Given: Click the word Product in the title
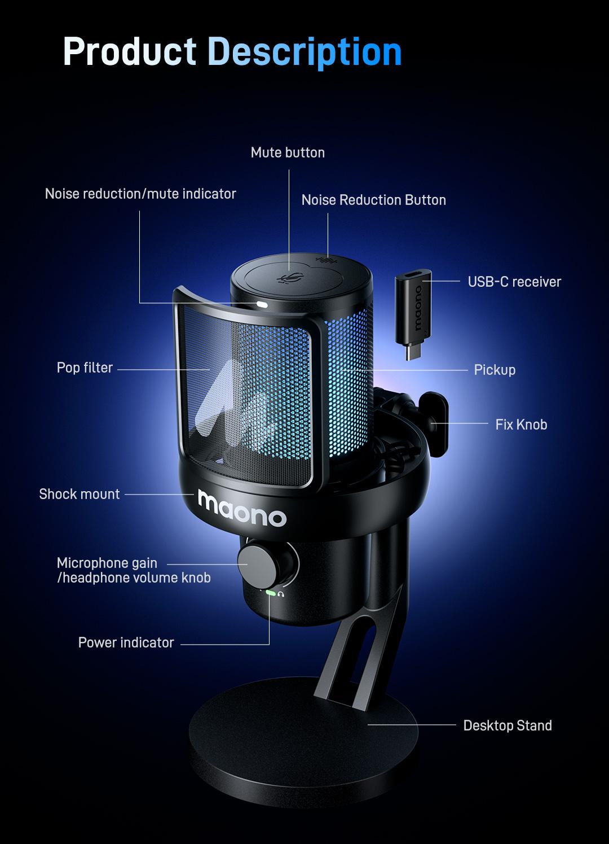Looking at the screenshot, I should pos(129,52).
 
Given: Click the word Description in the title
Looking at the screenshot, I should pos(304,52).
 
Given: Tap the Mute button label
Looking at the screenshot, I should pos(288,152).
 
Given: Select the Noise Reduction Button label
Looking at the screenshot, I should pos(373,200).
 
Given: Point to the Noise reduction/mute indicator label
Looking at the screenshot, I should pos(140,194).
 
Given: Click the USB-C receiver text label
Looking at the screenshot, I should pos(514,282).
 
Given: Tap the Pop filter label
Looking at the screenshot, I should pos(85,368).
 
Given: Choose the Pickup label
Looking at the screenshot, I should pos(495,370).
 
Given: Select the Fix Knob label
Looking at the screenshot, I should pos(521,425).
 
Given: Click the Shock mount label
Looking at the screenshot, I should pos(79,494).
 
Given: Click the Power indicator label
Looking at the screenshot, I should pos(126,642).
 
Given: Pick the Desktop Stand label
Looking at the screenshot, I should pos(507,725).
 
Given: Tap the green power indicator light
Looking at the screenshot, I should pos(270,593).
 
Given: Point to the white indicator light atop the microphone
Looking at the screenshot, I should pos(262,304).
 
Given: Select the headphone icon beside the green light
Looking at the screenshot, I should pos(281,593).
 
